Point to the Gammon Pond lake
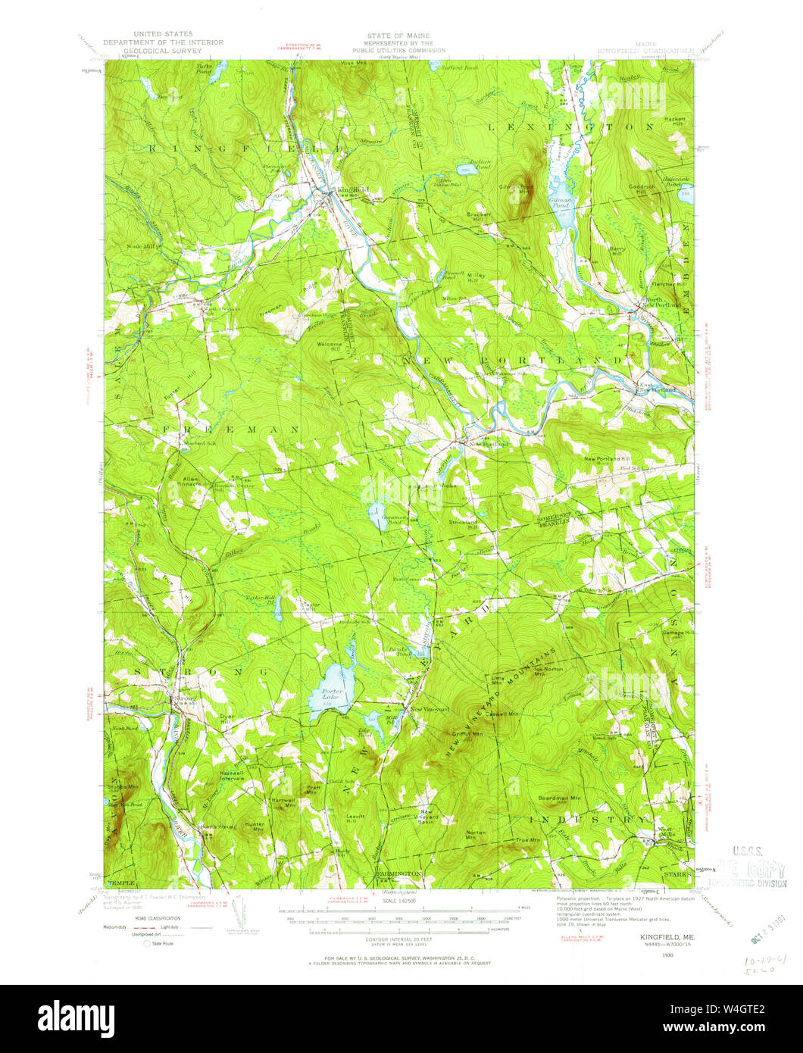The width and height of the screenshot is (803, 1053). [x=377, y=514]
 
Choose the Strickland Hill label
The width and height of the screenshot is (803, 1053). [x=461, y=523]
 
